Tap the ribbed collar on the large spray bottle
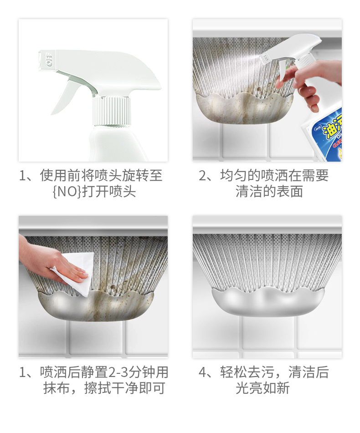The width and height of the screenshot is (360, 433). (x=111, y=111)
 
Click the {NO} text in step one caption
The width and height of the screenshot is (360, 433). (x=67, y=192)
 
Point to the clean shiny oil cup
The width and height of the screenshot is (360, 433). (x=267, y=301)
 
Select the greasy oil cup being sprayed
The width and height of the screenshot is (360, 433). (x=244, y=108)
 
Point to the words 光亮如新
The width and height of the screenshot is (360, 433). (x=262, y=388)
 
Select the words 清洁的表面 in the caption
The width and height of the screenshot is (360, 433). (x=269, y=192)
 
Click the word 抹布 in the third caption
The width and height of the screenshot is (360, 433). (x=57, y=388)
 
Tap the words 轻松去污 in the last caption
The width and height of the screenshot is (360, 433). (x=247, y=372)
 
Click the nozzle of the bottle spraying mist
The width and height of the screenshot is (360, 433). (x=265, y=57)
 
